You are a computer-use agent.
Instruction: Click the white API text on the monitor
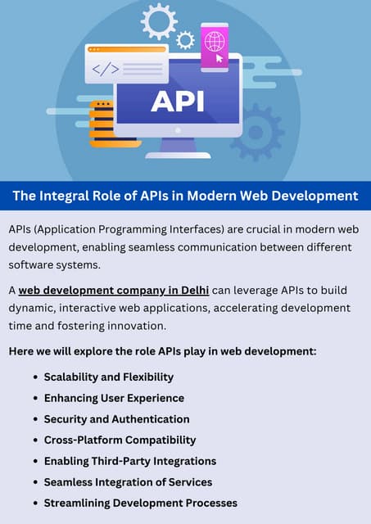177,101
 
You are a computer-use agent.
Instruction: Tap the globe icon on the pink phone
214,41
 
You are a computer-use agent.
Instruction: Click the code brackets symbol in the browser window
105,69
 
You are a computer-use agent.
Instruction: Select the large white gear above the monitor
158,20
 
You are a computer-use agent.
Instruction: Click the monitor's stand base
177,152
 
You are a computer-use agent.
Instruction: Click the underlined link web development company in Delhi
114,290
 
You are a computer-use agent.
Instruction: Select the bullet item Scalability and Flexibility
108,377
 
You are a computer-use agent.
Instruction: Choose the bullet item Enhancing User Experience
114,398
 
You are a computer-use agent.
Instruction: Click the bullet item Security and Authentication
116,419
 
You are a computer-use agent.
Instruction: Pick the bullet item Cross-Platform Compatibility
120,440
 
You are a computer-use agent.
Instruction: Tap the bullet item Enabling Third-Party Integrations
129,461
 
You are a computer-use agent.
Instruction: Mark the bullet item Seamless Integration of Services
128,482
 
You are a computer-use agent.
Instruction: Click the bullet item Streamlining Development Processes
140,503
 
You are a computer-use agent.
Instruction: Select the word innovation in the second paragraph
137,326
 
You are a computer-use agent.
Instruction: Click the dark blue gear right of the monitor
259,131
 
